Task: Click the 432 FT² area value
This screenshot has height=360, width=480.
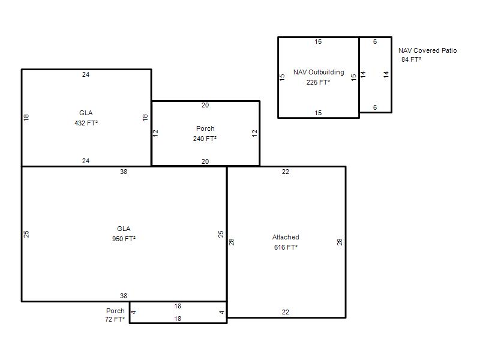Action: (x=86, y=123)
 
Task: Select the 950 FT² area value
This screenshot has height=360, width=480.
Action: (x=124, y=239)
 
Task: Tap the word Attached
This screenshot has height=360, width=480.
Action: (x=286, y=237)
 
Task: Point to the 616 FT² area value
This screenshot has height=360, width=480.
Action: (x=286, y=247)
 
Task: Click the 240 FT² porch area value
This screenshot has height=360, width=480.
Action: (x=205, y=139)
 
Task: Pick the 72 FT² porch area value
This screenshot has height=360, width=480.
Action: (x=115, y=319)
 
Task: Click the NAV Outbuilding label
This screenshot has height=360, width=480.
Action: (x=319, y=72)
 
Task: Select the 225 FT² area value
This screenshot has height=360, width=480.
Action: (x=319, y=82)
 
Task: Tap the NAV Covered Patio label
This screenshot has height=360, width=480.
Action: (x=427, y=50)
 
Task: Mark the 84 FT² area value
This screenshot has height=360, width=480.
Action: (x=411, y=59)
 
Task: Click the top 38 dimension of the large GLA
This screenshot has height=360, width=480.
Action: (x=124, y=172)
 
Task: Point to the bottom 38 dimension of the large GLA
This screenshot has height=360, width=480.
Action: (x=124, y=296)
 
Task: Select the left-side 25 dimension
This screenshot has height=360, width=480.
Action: (x=26, y=234)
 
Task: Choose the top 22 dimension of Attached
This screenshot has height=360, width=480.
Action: (x=286, y=172)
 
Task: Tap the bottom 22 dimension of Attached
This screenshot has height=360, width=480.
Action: (x=286, y=312)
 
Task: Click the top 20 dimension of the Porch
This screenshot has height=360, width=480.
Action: (x=205, y=106)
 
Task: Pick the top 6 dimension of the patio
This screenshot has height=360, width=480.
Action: (x=375, y=41)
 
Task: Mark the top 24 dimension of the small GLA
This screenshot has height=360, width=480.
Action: (x=86, y=74)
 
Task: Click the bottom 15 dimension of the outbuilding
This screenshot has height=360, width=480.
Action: (x=318, y=113)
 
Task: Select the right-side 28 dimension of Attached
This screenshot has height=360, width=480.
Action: (x=340, y=242)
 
